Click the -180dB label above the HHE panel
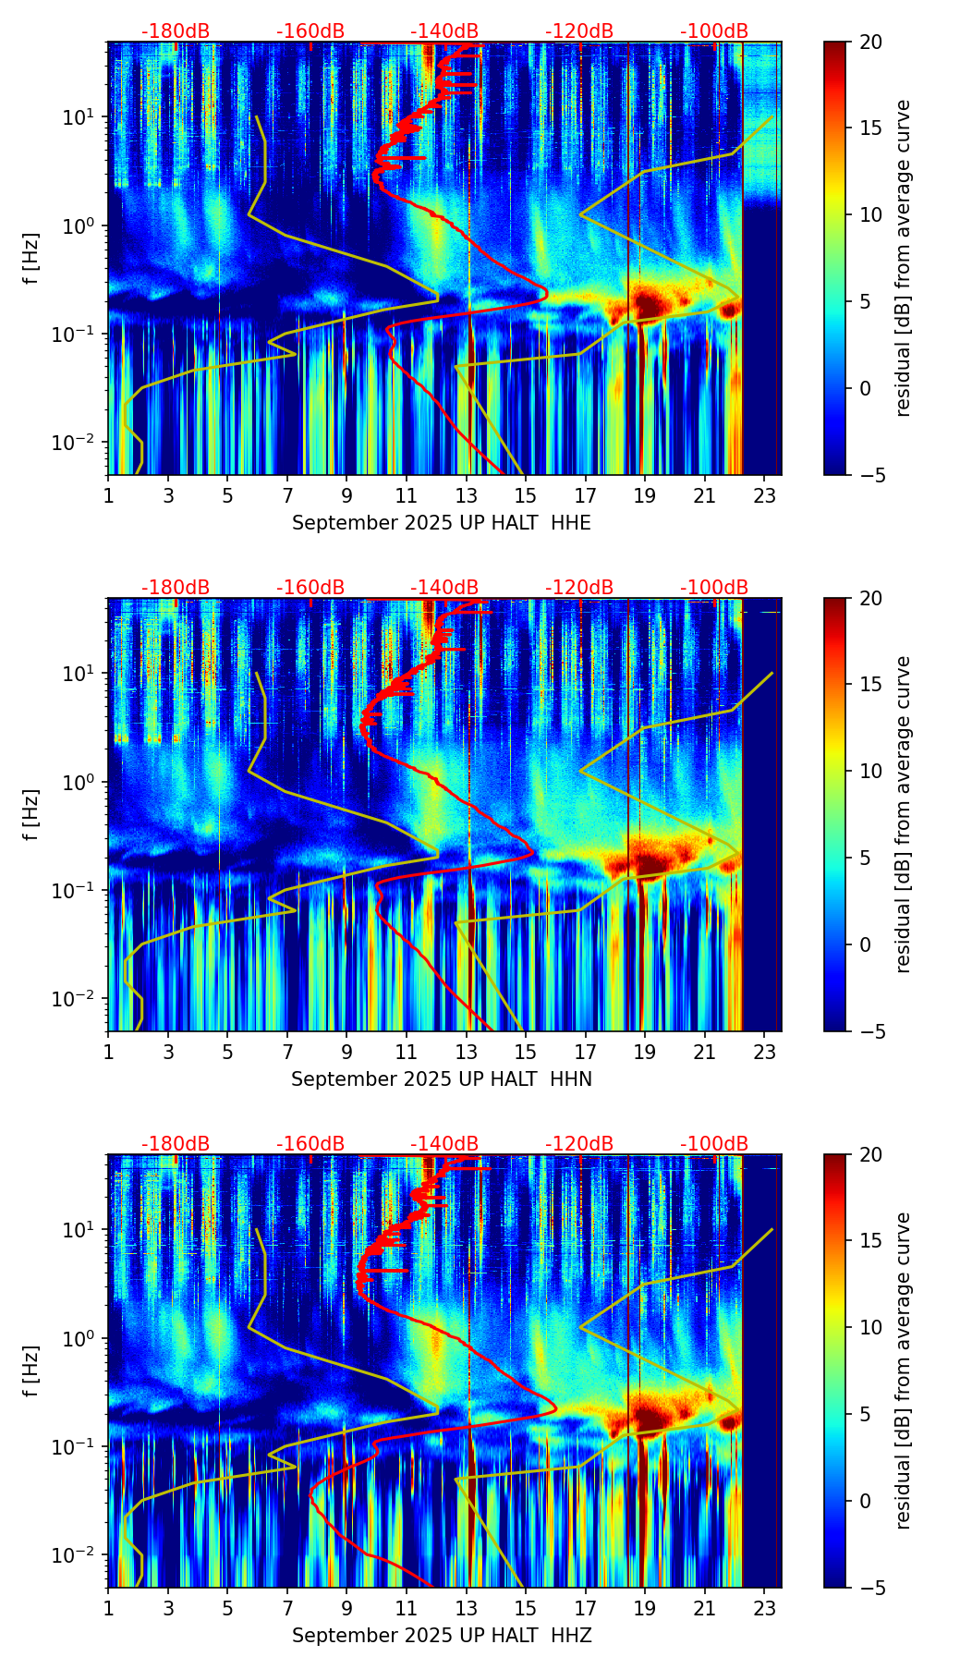(176, 31)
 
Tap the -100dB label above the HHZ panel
(714, 1144)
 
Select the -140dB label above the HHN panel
(444, 588)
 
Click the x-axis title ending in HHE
(442, 523)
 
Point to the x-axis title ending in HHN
(442, 1079)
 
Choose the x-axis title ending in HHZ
(442, 1636)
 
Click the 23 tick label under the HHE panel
(764, 495)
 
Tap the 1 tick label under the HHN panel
(109, 1052)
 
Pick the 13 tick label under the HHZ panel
(467, 1608)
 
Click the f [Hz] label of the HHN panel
(31, 814)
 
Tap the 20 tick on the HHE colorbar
(870, 43)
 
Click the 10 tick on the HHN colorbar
(870, 771)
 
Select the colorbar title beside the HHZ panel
(903, 1371)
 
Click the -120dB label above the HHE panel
(579, 31)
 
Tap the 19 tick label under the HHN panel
(645, 1052)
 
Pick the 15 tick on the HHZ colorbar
(870, 1241)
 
